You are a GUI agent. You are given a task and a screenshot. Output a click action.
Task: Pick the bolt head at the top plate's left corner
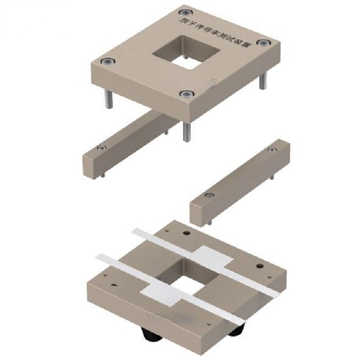[x=107, y=61]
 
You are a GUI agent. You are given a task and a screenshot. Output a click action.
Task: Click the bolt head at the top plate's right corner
[x=262, y=42]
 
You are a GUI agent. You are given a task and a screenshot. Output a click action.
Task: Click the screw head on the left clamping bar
[x=103, y=148]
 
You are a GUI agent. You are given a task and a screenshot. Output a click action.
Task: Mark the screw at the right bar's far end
[x=271, y=150]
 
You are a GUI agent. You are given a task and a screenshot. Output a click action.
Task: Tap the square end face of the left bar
[x=91, y=165]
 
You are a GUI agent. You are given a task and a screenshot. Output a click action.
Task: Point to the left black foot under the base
[x=151, y=335]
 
